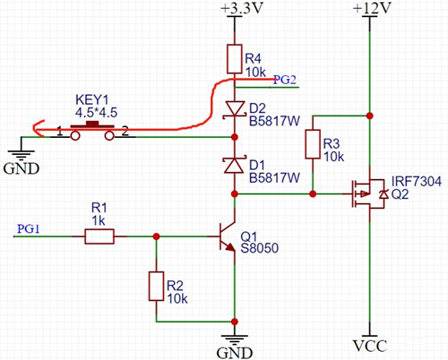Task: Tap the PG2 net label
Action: pyautogui.click(x=285, y=80)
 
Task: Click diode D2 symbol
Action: pyautogui.click(x=235, y=108)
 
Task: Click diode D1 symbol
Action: pyautogui.click(x=235, y=165)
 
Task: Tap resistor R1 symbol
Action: pyautogui.click(x=99, y=236)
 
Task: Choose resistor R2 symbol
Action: pyautogui.click(x=157, y=287)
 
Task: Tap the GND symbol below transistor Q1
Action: pyautogui.click(x=235, y=345)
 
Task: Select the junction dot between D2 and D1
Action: pyautogui.click(x=235, y=137)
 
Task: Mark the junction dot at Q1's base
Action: pyautogui.click(x=157, y=236)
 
